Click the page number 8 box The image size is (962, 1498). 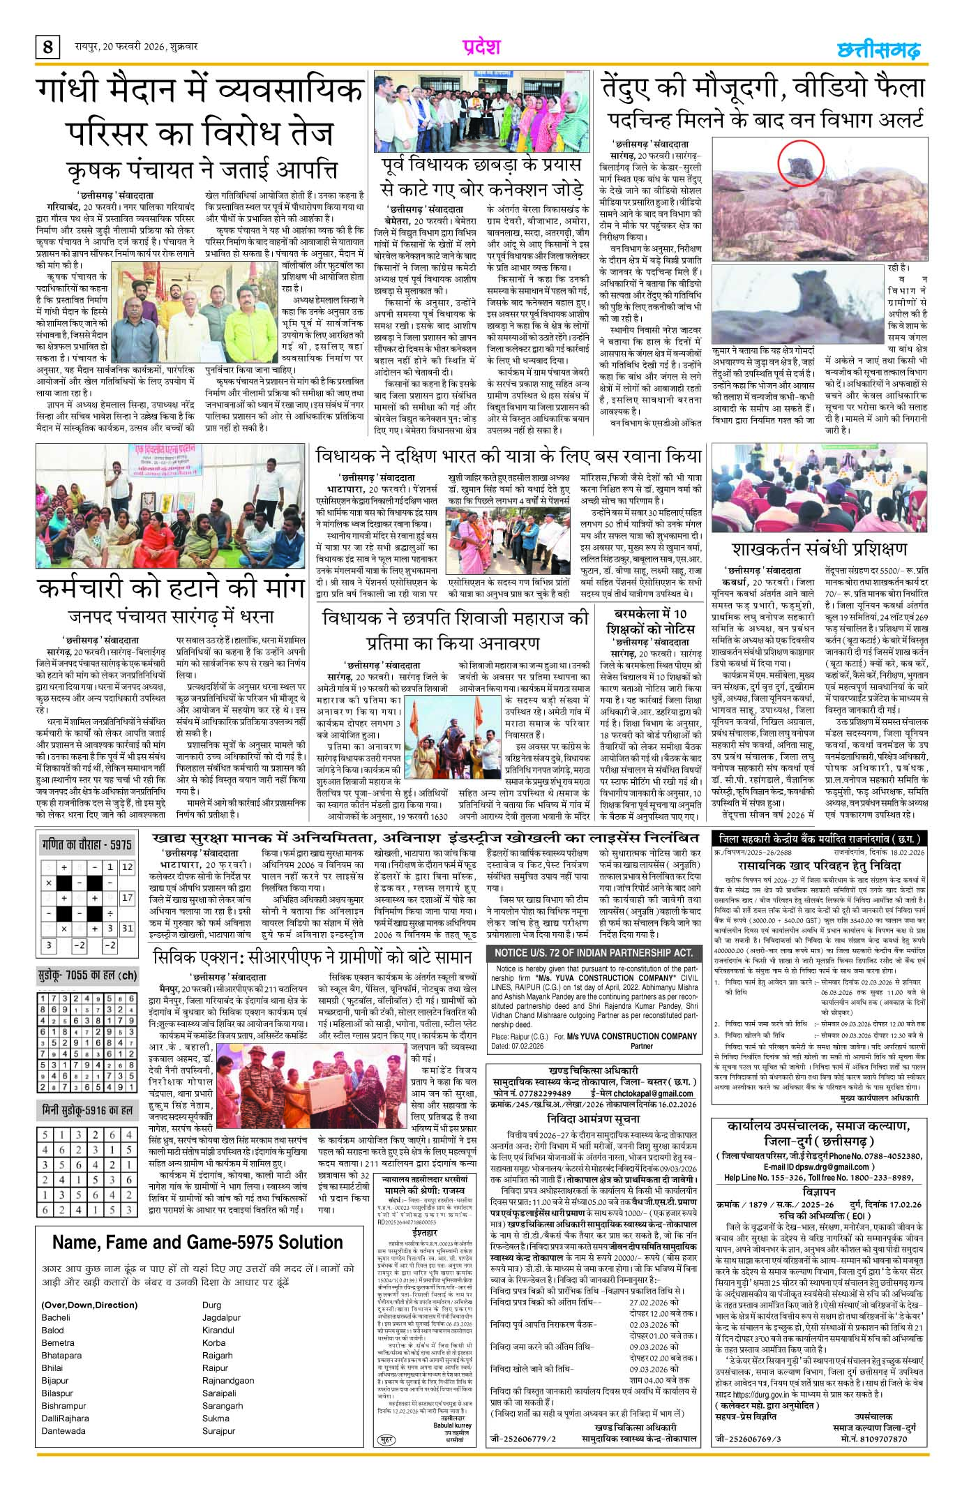(x=47, y=47)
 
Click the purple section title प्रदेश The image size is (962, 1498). (x=481, y=47)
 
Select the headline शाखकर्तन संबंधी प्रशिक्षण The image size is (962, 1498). (x=820, y=547)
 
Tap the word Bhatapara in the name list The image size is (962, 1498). (x=61, y=1335)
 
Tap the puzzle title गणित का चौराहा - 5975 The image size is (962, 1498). (x=86, y=845)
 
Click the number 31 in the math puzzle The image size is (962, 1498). (x=127, y=929)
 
